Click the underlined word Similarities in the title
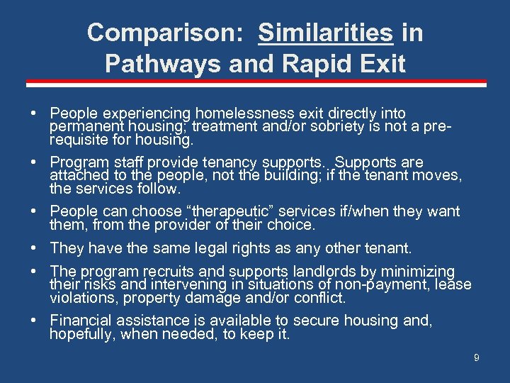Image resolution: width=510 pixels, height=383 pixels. point(325,33)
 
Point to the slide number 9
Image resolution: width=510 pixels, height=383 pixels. point(477,358)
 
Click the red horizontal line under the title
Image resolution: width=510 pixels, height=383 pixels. point(255,84)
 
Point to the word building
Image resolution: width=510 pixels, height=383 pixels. point(275,174)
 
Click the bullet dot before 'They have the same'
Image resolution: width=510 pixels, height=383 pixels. point(35,248)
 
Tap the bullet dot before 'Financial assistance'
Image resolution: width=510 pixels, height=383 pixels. point(35,321)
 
